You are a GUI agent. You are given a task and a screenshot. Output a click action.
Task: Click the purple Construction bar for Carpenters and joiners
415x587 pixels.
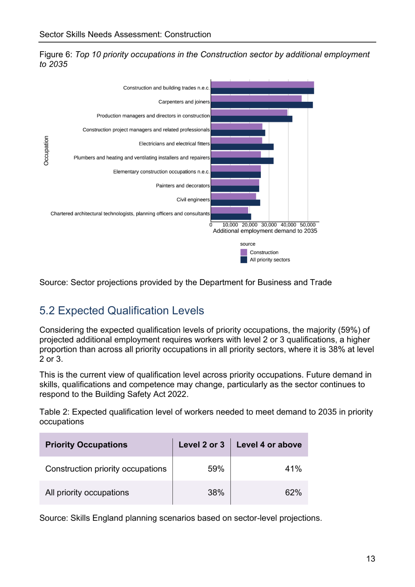click(x=256, y=98)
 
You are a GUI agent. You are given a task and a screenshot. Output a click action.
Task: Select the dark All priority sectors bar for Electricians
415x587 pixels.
click(x=242, y=147)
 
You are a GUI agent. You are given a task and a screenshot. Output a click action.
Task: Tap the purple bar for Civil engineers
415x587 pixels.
click(x=233, y=196)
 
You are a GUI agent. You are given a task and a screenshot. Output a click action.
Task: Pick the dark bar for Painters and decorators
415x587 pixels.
click(x=235, y=188)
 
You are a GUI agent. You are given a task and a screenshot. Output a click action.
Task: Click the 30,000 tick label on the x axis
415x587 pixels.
click(x=269, y=225)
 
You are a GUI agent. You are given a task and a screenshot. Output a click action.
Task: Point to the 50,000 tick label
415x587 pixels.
click(x=308, y=225)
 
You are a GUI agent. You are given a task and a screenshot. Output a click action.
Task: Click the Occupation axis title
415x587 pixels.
click(x=46, y=151)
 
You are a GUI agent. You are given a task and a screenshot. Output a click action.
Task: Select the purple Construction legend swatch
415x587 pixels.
click(x=244, y=252)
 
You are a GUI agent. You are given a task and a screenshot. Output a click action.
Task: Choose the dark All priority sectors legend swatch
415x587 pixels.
click(x=244, y=260)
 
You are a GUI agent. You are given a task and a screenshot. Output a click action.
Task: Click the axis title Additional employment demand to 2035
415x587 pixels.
click(x=265, y=231)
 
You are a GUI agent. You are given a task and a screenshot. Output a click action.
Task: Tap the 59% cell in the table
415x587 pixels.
click(x=216, y=469)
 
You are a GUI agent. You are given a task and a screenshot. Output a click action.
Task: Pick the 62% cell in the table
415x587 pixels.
click(x=293, y=492)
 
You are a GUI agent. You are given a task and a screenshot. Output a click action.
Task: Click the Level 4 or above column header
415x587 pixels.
click(x=269, y=444)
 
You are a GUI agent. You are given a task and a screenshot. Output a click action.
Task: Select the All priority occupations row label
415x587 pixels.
click(x=87, y=493)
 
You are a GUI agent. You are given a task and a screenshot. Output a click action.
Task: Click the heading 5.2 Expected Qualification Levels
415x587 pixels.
click(x=122, y=310)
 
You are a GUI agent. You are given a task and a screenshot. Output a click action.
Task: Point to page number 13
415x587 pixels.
click(x=371, y=559)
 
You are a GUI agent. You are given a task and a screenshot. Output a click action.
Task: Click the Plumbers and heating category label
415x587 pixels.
click(x=142, y=158)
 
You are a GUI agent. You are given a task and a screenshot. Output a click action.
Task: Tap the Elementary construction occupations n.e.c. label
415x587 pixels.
click(x=161, y=172)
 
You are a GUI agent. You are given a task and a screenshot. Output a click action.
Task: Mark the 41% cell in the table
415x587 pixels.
click(x=293, y=469)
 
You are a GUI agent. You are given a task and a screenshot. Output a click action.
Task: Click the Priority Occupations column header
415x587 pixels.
click(x=86, y=444)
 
